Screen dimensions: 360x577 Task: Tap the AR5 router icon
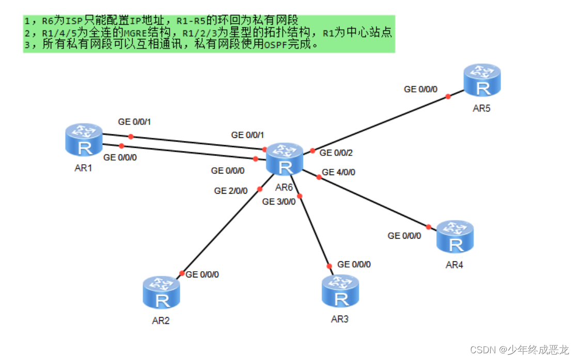[x=482, y=80]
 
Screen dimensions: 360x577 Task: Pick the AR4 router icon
[x=455, y=237]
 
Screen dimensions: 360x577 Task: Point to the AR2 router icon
[x=162, y=292]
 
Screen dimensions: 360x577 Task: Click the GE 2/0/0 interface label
[x=231, y=191]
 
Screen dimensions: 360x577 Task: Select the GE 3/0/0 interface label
[x=278, y=201]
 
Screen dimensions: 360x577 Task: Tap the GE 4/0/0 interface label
[x=338, y=172]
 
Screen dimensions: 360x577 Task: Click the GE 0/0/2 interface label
[x=336, y=153]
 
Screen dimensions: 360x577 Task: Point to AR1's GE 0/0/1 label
[x=134, y=122]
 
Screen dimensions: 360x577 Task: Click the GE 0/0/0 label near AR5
[x=420, y=89]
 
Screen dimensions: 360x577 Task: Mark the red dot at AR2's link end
[x=181, y=273]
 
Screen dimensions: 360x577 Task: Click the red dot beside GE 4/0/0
[x=318, y=177]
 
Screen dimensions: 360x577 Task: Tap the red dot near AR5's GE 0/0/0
[x=448, y=96]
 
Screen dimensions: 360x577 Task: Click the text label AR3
[x=340, y=319]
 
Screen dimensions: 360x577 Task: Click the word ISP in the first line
[x=74, y=21]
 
